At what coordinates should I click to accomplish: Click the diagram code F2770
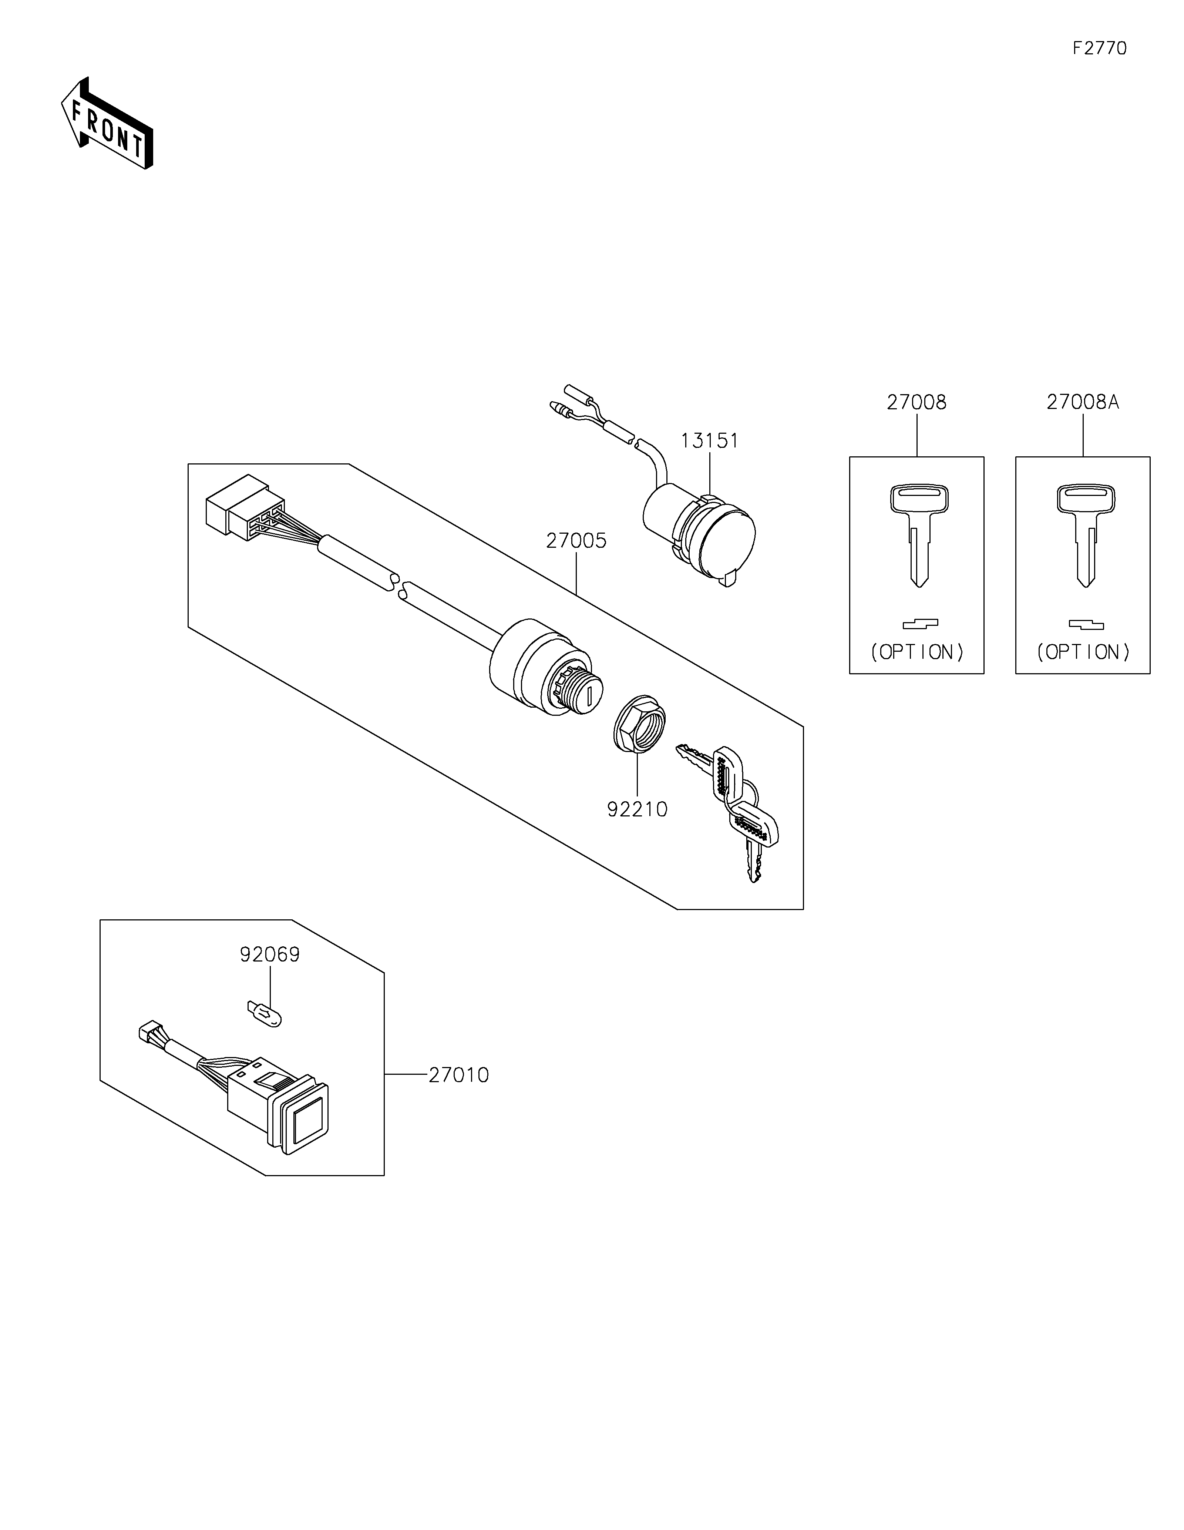click(x=1099, y=48)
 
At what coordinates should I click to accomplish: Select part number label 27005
click(x=576, y=541)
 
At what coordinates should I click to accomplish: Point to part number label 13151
click(x=709, y=441)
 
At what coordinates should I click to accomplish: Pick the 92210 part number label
click(x=637, y=809)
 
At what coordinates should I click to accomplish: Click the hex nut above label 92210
click(x=639, y=724)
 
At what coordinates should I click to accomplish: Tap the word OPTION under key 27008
click(x=917, y=652)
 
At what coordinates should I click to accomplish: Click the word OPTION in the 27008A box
click(x=1083, y=652)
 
